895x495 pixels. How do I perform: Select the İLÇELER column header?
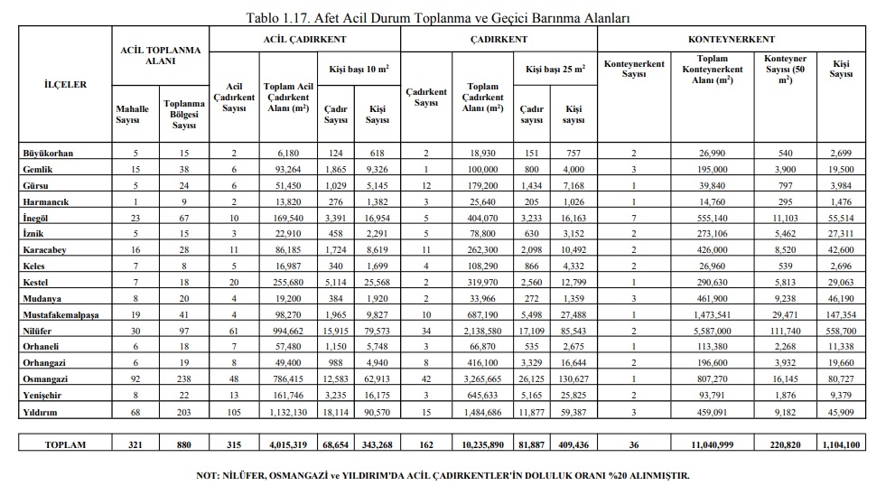(66, 84)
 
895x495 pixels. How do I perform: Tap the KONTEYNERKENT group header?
(731, 40)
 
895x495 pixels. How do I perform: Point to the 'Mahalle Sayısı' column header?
(133, 115)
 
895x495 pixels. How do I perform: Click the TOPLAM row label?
(66, 444)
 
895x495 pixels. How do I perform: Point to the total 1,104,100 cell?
(841, 444)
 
